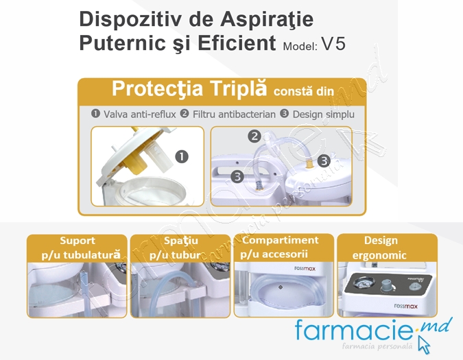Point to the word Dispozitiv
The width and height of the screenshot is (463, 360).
[x=123, y=19]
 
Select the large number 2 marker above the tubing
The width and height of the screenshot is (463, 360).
[x=254, y=136]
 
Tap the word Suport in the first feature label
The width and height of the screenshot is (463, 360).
[x=78, y=241]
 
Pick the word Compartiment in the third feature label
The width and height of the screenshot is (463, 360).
[x=281, y=241]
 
